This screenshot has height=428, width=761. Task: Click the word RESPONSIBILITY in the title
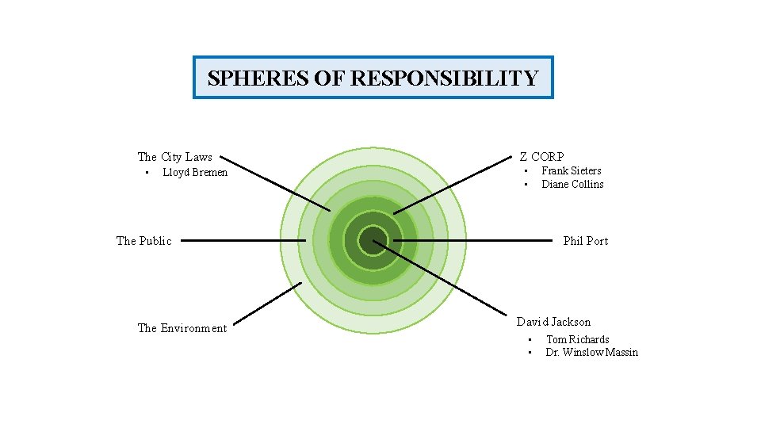pyautogui.click(x=444, y=78)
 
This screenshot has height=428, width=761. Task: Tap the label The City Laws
pyautogui.click(x=174, y=157)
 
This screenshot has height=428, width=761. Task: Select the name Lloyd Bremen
pyautogui.click(x=195, y=173)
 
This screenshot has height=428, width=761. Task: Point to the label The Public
pyautogui.click(x=143, y=241)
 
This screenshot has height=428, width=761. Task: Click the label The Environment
pyautogui.click(x=182, y=328)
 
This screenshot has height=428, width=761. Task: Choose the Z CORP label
pyautogui.click(x=541, y=157)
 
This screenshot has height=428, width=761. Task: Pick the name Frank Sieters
pyautogui.click(x=571, y=170)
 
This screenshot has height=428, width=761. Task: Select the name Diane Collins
pyautogui.click(x=572, y=184)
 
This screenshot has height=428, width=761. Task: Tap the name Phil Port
pyautogui.click(x=585, y=241)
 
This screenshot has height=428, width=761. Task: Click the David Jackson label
pyautogui.click(x=553, y=322)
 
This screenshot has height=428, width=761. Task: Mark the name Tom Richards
pyautogui.click(x=577, y=339)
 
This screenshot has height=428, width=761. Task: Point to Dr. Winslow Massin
pyautogui.click(x=591, y=353)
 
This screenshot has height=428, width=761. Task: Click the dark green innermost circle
pyautogui.click(x=373, y=240)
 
